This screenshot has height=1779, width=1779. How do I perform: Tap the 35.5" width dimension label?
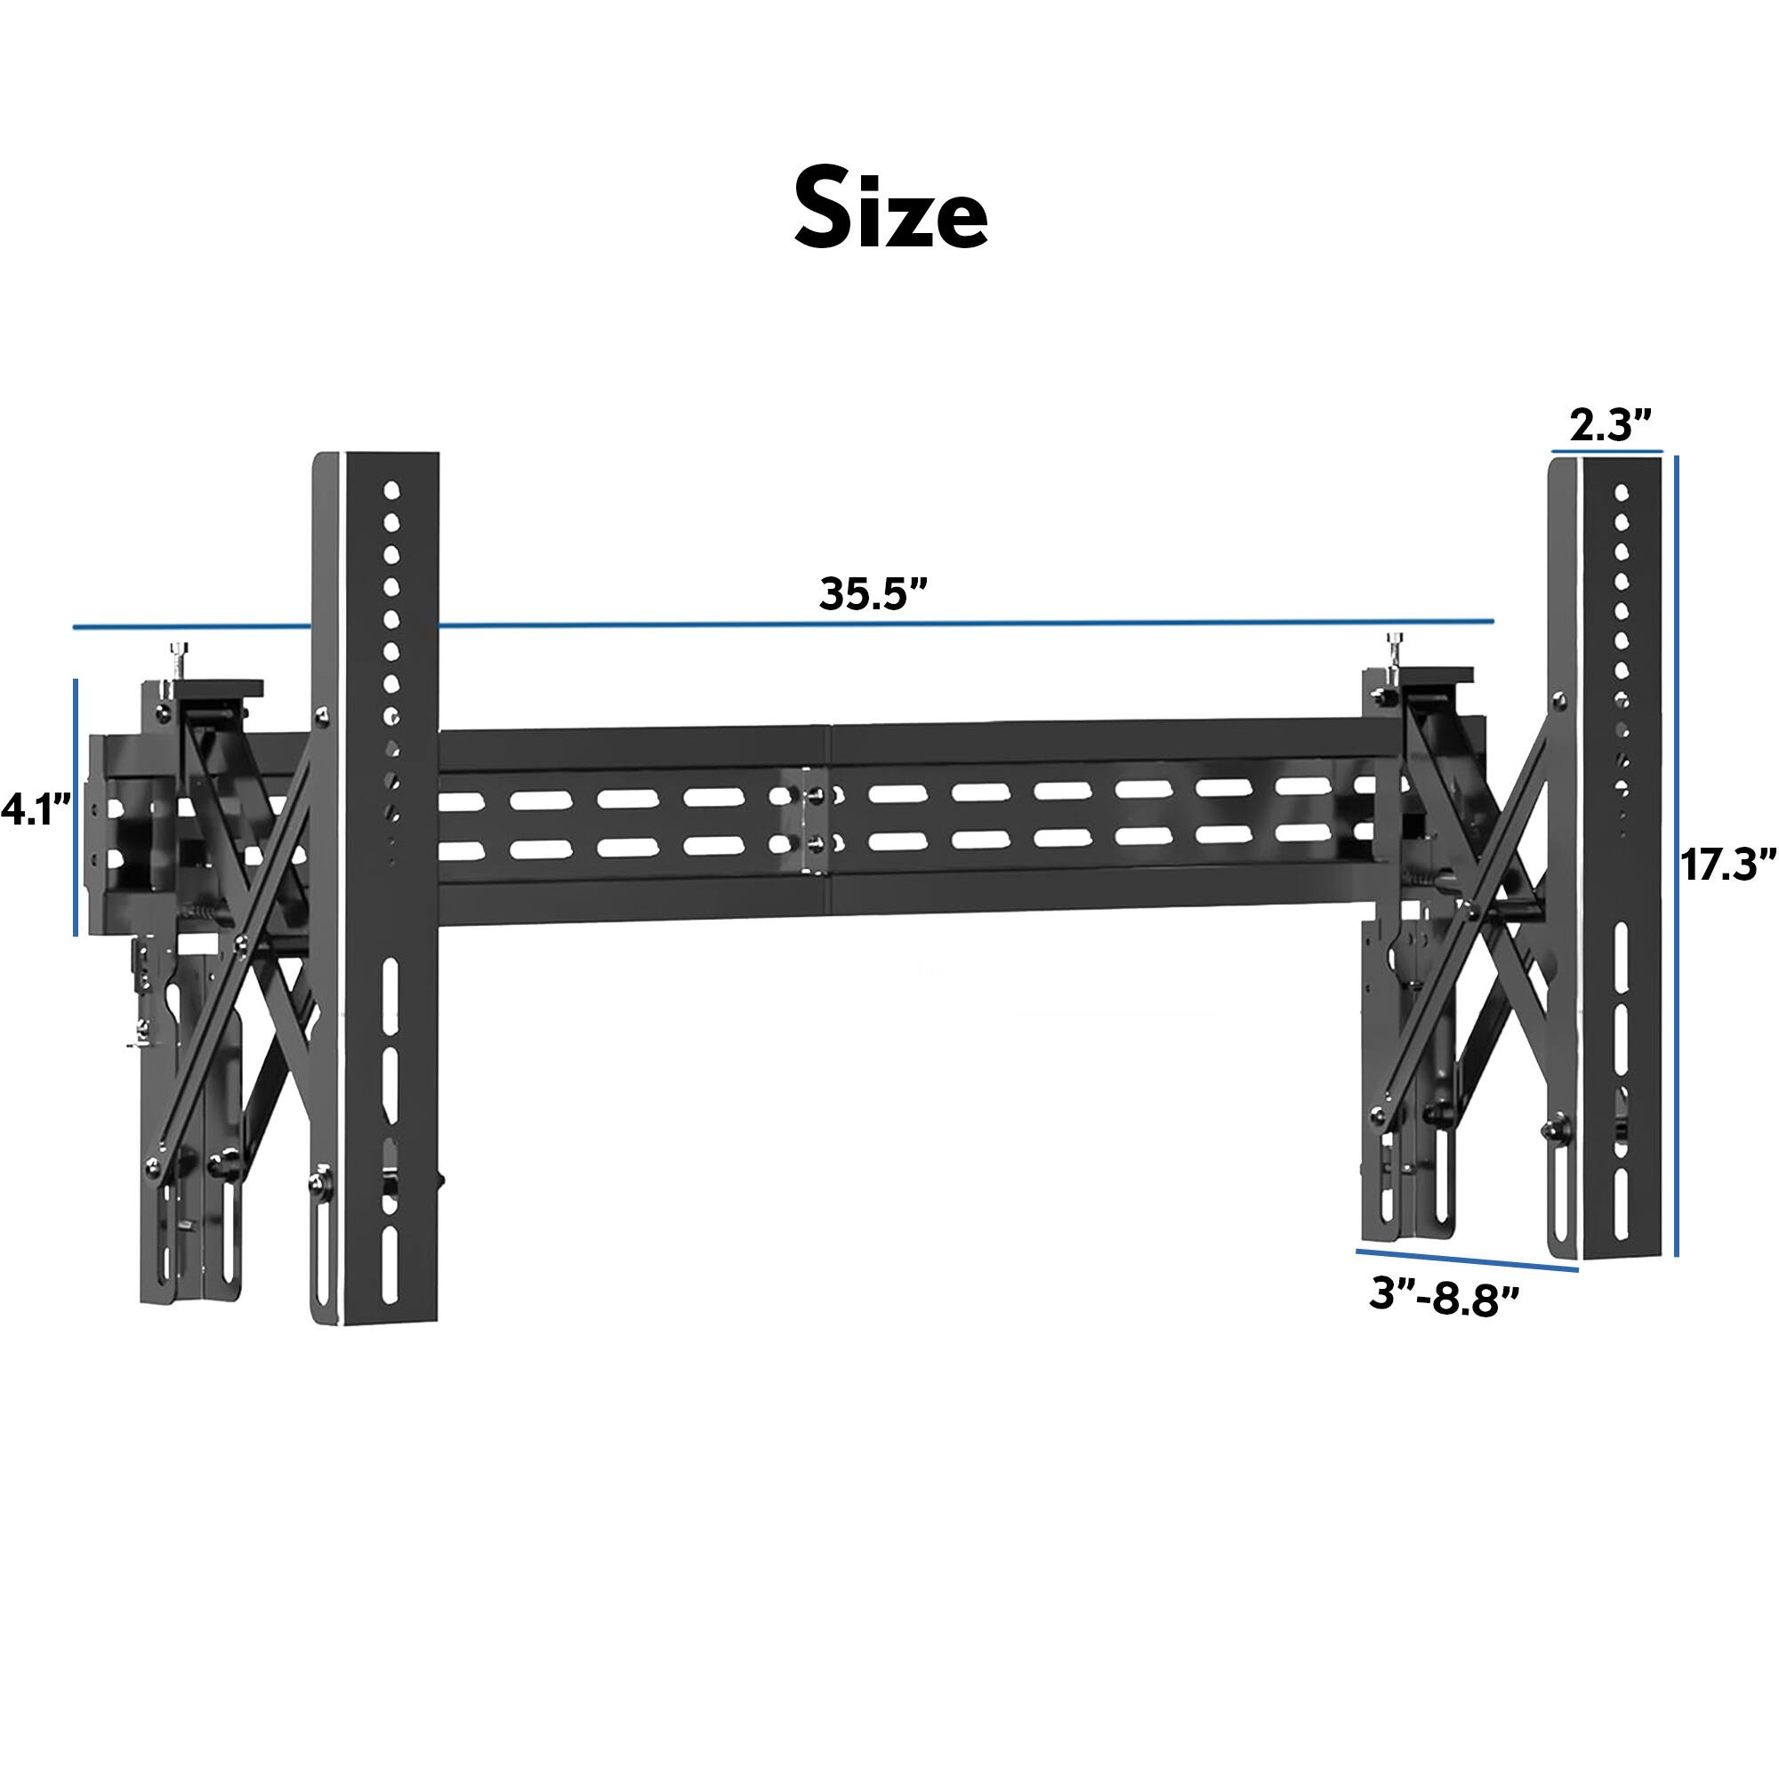tap(871, 594)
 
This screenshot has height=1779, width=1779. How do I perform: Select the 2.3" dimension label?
tap(1611, 426)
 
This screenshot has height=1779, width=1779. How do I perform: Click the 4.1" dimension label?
tap(36, 811)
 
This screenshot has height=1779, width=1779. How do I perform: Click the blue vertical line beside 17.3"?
tap(1676, 857)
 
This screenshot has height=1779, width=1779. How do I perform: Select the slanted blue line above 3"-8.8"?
tap(1467, 1260)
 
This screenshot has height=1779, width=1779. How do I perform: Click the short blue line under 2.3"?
tap(1606, 451)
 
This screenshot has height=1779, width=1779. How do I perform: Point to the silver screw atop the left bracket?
tap(176, 659)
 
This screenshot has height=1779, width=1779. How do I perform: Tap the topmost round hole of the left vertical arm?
tap(391, 489)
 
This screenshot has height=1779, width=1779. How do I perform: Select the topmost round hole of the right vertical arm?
tap(1622, 493)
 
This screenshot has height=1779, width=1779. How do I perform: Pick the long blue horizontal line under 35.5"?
tap(783, 625)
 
